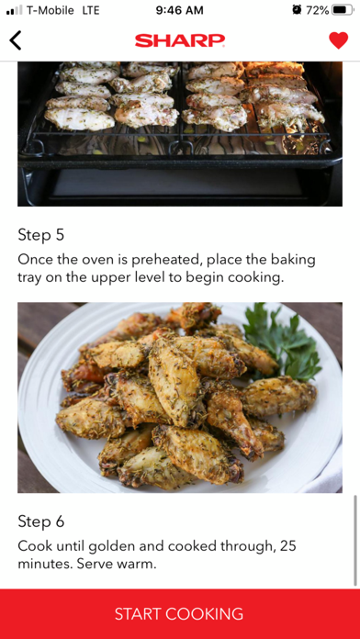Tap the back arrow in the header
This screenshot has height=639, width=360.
click(15, 40)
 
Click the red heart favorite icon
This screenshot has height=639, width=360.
click(338, 40)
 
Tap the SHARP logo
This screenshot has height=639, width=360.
click(180, 40)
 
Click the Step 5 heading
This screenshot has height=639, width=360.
click(41, 235)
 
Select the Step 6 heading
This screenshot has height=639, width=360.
click(41, 521)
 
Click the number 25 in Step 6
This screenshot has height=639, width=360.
click(287, 546)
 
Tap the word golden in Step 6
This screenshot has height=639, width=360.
click(111, 546)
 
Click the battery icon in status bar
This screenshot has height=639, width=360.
click(343, 10)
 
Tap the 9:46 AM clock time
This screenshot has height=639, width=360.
click(179, 11)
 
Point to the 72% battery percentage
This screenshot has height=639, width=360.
click(317, 11)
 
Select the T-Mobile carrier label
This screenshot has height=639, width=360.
click(51, 11)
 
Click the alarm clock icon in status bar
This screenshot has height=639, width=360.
click(297, 10)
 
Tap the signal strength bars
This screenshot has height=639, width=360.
click(15, 11)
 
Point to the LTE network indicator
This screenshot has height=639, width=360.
click(91, 11)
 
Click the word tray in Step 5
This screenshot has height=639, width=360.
click(29, 279)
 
